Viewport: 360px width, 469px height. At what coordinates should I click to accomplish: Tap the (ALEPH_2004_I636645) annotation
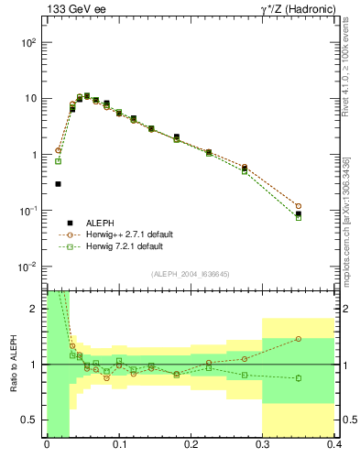point(190,273)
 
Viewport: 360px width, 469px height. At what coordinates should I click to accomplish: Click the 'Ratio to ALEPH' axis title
point(12,364)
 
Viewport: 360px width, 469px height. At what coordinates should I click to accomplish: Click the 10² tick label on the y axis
point(28,43)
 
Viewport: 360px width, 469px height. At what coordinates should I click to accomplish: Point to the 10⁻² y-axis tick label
point(28,267)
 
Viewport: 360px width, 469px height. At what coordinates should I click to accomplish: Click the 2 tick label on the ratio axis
point(37,310)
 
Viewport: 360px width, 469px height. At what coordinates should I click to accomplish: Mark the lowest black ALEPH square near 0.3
point(58,184)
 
